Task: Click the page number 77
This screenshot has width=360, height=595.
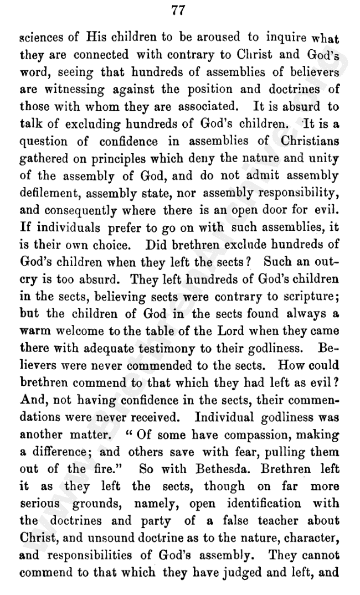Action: [x=178, y=9]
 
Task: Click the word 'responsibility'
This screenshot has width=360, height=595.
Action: [x=297, y=193]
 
